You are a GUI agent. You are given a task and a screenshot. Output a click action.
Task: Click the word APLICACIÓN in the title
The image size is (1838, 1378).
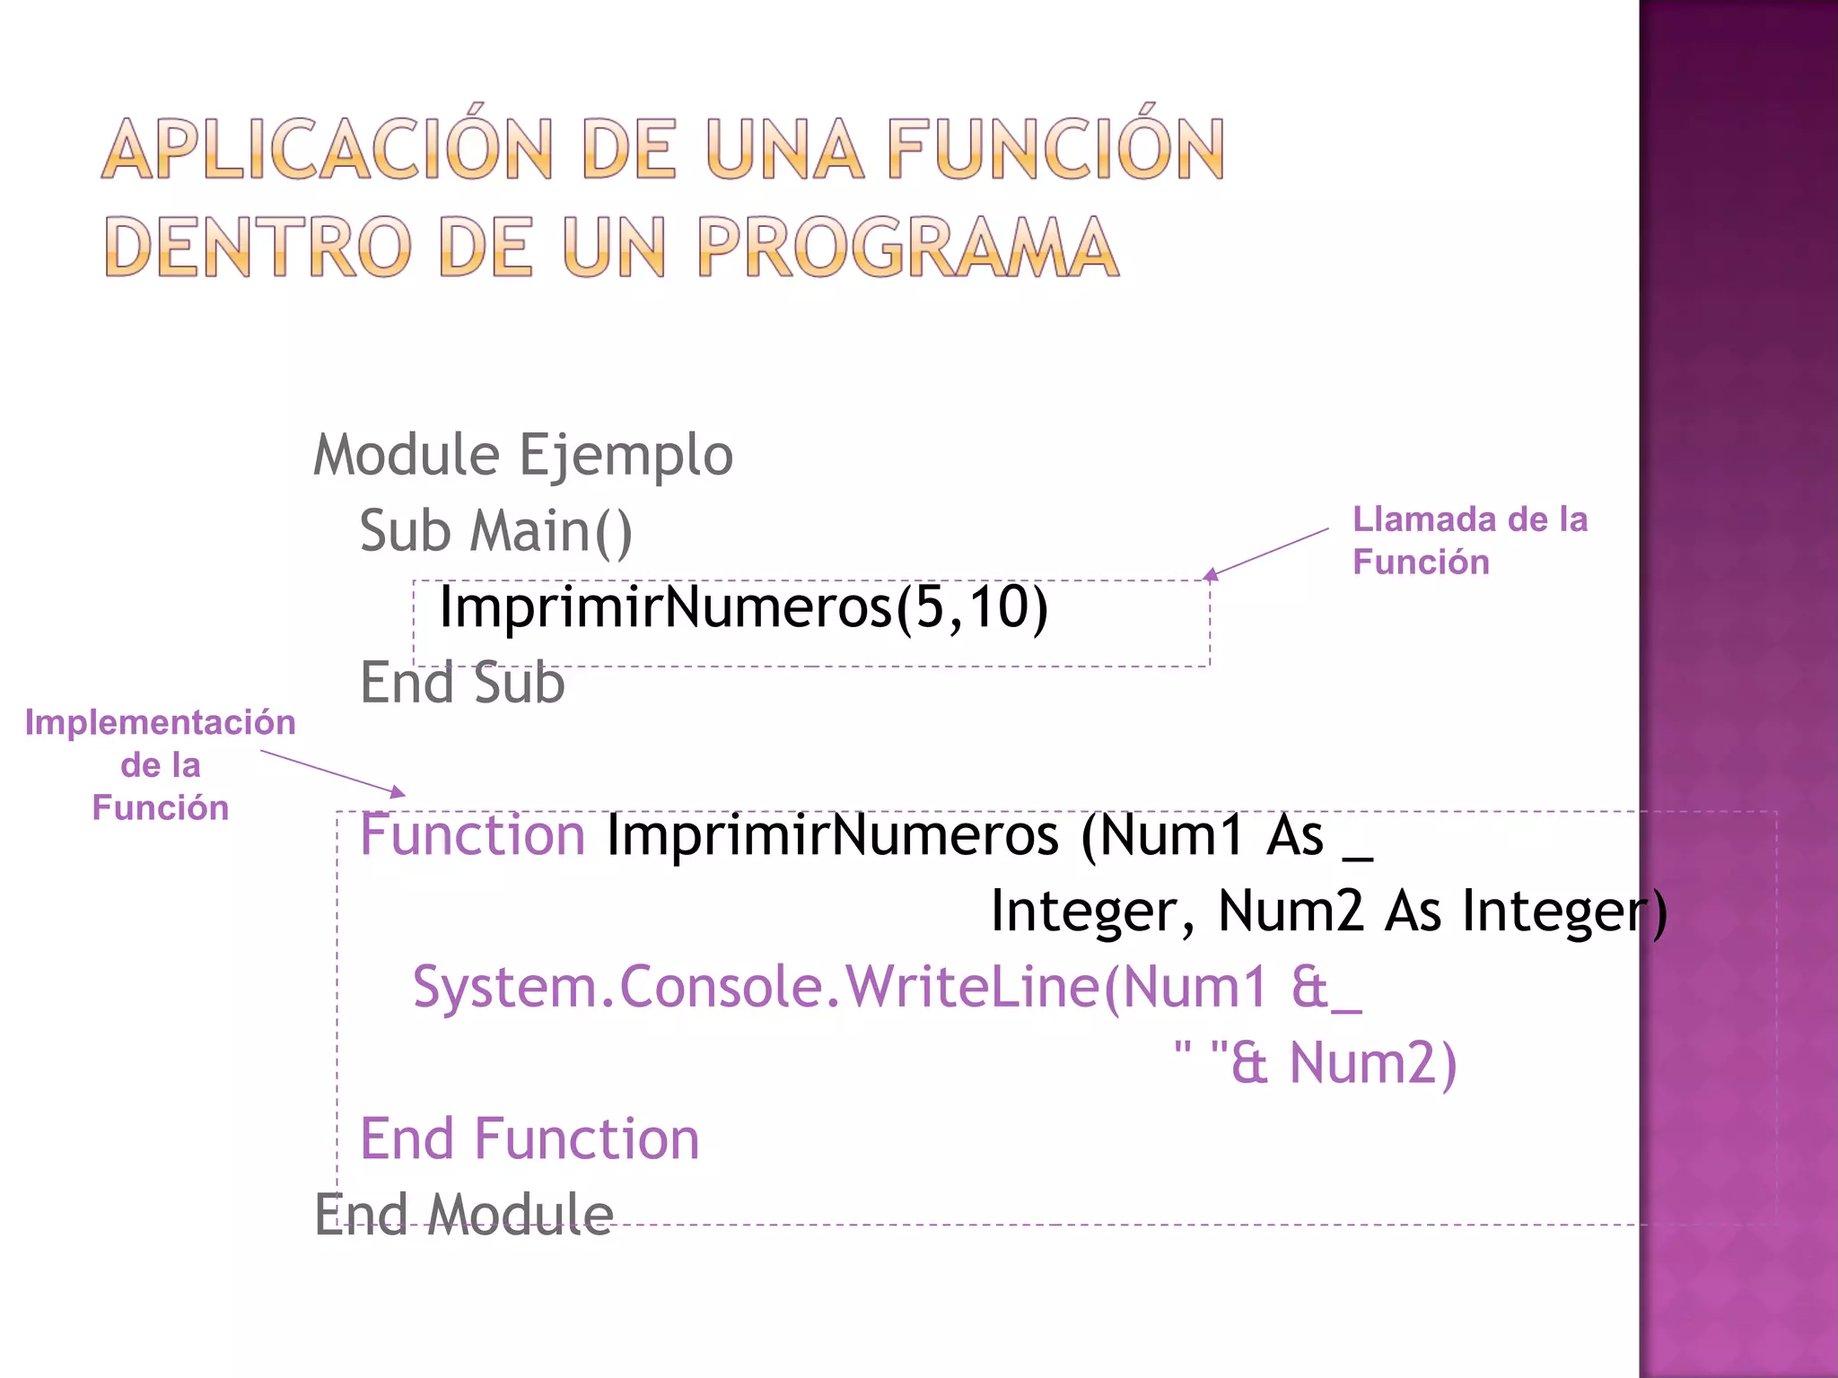[327, 150]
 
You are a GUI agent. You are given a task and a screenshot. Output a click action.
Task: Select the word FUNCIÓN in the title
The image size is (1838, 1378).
[1055, 150]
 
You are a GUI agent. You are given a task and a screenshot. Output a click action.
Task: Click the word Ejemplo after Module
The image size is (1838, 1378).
[626, 455]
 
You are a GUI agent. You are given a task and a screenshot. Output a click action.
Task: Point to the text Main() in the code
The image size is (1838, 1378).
[551, 531]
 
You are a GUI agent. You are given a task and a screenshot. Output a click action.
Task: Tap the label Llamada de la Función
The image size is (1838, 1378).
[1469, 540]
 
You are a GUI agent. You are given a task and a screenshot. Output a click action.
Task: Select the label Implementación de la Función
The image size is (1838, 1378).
[160, 764]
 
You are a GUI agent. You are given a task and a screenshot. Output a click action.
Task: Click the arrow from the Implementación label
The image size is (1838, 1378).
[333, 772]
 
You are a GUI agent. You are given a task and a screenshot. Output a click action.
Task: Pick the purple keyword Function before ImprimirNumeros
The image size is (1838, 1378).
[472, 834]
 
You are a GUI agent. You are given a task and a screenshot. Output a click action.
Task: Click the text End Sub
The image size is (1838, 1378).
[462, 683]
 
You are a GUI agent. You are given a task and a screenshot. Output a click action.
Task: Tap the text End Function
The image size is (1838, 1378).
[530, 1139]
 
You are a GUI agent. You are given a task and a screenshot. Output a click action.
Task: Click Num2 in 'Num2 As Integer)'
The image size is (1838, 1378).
[1290, 911]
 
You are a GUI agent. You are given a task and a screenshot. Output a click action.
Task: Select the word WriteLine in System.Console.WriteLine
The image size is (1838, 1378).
[973, 987]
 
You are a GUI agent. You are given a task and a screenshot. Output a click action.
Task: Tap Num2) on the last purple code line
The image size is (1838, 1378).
[1372, 1063]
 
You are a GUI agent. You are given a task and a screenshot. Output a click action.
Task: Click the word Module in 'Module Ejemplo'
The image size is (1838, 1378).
[406, 455]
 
